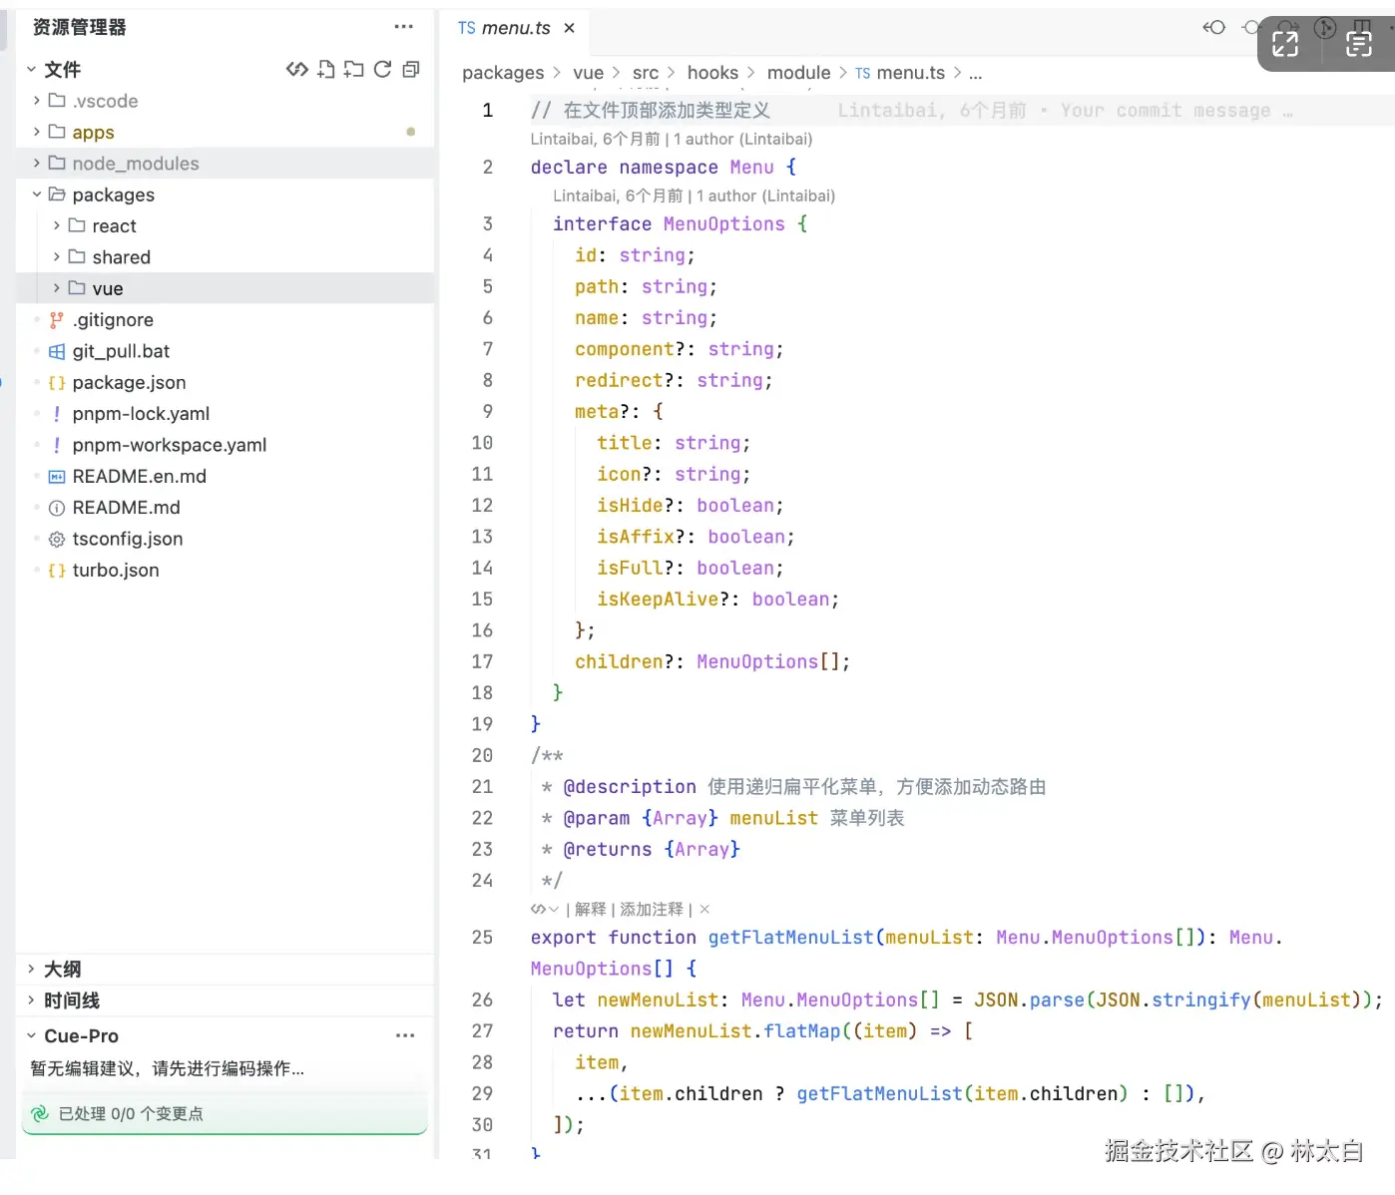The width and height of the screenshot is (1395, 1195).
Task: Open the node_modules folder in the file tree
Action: pos(135,164)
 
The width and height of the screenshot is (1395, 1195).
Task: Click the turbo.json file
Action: pos(116,571)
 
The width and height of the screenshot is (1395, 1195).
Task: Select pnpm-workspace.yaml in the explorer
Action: pos(170,445)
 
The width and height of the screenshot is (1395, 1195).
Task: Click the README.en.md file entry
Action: pos(139,477)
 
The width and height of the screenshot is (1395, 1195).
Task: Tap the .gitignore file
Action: pos(113,320)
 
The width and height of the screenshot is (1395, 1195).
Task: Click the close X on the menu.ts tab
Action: pos(569,28)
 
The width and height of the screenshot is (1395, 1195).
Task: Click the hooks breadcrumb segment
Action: pos(712,72)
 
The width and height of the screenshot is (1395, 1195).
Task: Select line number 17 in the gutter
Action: pos(482,662)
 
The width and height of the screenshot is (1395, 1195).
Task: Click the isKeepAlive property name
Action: pos(658,599)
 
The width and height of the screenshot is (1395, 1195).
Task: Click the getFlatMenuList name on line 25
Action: pos(790,938)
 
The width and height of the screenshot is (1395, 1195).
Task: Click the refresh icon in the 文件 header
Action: pos(382,69)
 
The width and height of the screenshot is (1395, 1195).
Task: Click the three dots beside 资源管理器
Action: pos(403,27)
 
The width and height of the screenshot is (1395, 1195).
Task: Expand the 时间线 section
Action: pos(72,1000)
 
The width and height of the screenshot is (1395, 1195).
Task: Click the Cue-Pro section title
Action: pos(81,1035)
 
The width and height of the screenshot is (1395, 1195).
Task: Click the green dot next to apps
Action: pos(410,132)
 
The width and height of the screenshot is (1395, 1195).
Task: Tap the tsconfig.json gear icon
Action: pos(57,539)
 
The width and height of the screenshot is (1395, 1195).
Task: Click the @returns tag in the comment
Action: pos(608,849)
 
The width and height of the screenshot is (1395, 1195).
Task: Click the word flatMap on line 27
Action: pos(801,1031)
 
